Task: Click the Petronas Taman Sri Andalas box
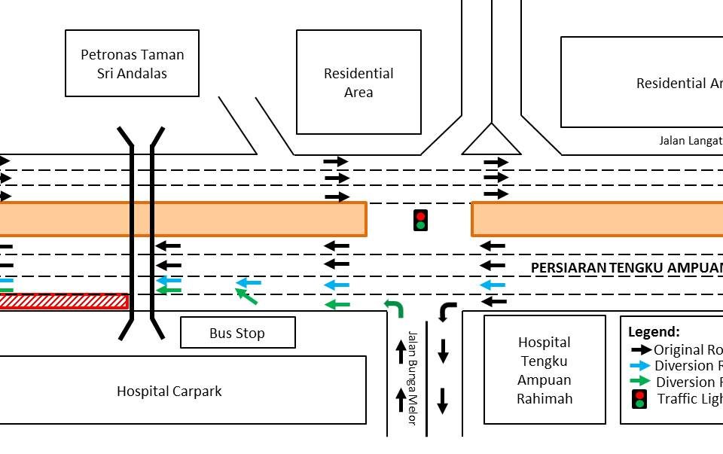click(132, 63)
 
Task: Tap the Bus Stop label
click(237, 333)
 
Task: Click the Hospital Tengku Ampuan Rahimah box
click(545, 370)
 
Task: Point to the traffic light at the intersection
click(420, 220)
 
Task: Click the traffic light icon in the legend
click(639, 399)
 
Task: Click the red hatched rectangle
click(64, 301)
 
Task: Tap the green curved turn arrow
click(395, 307)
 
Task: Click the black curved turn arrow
click(447, 310)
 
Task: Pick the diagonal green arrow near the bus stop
click(246, 296)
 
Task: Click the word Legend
click(654, 331)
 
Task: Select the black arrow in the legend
click(641, 349)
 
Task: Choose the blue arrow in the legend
click(641, 366)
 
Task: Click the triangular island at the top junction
click(491, 142)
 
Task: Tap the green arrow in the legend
click(641, 382)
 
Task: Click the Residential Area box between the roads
click(358, 82)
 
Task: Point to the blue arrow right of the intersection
click(493, 285)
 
